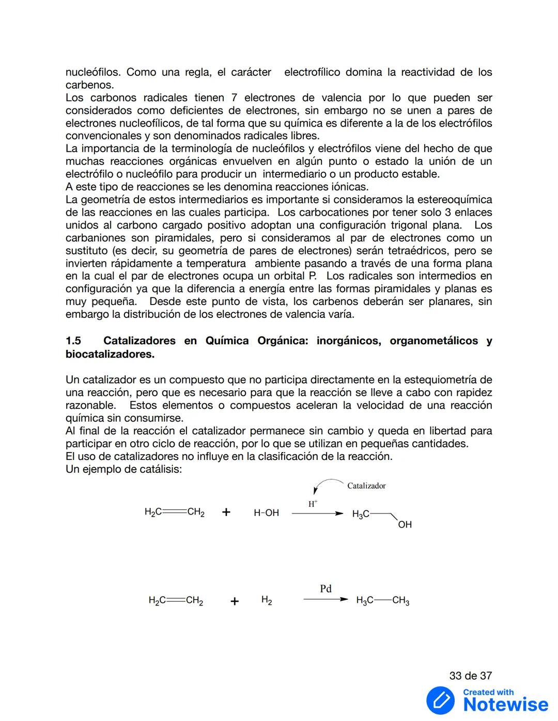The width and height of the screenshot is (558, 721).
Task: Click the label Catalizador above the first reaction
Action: tap(366, 486)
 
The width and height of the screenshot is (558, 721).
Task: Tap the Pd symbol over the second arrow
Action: tap(326, 588)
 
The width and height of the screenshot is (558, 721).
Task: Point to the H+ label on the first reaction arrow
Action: tap(313, 504)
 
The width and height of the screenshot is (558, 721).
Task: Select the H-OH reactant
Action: tap(266, 512)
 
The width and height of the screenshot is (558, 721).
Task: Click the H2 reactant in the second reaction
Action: tap(267, 600)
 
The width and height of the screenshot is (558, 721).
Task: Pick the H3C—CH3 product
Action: tap(382, 600)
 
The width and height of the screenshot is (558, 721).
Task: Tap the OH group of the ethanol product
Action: tap(405, 524)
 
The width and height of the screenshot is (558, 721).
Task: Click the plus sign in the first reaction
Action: tap(226, 512)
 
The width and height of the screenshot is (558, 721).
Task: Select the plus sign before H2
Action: tap(235, 601)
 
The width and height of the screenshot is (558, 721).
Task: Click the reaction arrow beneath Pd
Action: tap(326, 600)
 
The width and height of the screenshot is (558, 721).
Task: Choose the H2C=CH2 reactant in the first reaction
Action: tap(175, 512)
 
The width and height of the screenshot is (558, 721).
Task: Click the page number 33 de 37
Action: tap(470, 676)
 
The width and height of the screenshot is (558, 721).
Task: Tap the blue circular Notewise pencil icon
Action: tap(440, 700)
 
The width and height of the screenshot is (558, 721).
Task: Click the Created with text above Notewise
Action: tap(488, 692)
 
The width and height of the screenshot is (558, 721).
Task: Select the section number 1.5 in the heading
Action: tap(73, 341)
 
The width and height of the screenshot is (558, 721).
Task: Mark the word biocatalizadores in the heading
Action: tap(110, 354)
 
